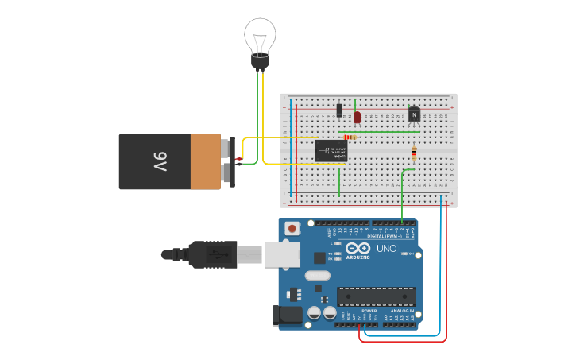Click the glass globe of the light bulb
tap(260, 34)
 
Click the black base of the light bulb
tap(260, 60)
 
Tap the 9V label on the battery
tap(160, 161)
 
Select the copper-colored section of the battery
tap(205, 161)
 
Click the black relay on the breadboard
tap(331, 150)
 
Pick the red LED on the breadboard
tap(357, 117)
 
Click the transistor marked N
tap(414, 114)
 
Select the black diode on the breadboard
tap(339, 110)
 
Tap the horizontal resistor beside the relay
tap(350, 137)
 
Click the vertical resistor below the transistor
tap(414, 153)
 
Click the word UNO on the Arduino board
tap(385, 249)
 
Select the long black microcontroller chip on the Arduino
tap(376, 296)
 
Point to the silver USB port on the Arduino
tap(282, 254)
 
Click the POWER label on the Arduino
tap(358, 311)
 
